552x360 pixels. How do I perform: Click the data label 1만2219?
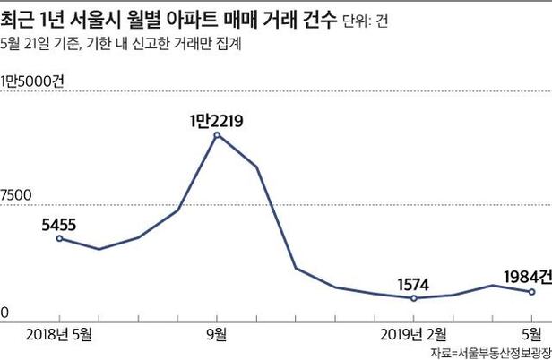217,118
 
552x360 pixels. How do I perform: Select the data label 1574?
413,285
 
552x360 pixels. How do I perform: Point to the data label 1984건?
524,276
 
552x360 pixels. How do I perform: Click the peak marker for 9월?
217,135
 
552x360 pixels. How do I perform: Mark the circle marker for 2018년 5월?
59,238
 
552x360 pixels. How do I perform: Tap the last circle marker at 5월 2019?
532,292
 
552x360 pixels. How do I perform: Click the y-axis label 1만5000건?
33,81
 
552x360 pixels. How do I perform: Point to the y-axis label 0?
4,313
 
